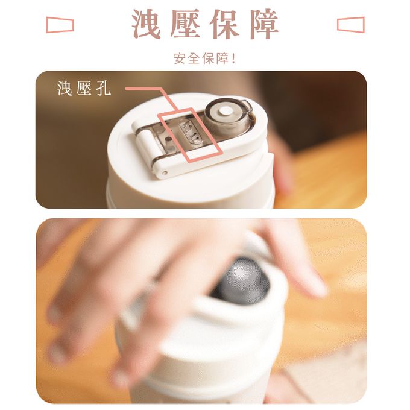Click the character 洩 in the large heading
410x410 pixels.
(x=147, y=25)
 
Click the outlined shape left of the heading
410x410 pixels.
(x=60, y=25)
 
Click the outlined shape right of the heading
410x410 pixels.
(x=350, y=25)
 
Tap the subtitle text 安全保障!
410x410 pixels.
(x=204, y=59)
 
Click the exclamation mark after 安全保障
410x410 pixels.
(x=233, y=59)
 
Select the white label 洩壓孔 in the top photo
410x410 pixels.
(x=84, y=89)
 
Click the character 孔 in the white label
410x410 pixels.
(x=103, y=89)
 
